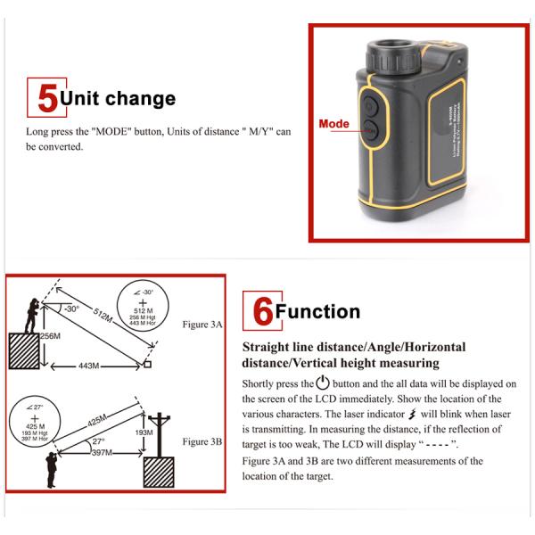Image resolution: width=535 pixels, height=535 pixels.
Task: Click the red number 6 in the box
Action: [262, 311]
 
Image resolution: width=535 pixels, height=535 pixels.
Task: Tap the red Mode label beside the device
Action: [334, 124]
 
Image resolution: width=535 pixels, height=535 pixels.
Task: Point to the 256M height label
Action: [50, 336]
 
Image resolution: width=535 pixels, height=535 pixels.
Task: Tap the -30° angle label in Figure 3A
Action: [71, 309]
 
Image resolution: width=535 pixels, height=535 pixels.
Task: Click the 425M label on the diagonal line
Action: [96, 420]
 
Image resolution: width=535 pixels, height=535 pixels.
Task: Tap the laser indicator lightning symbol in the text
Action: [411, 414]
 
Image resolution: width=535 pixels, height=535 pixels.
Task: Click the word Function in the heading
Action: [317, 312]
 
